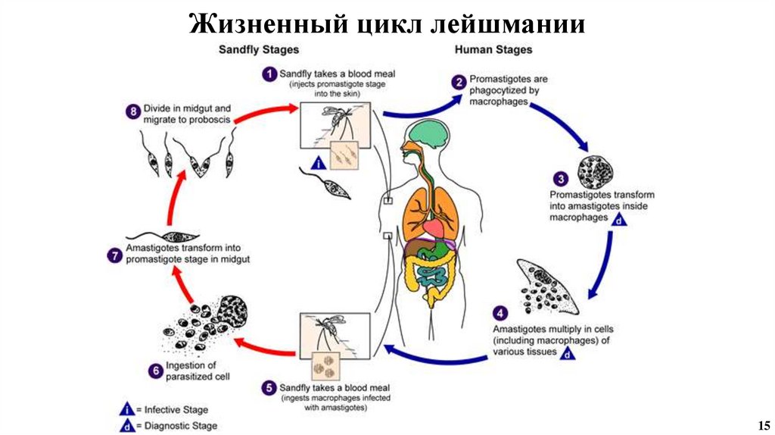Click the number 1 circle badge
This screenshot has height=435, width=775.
(268, 74)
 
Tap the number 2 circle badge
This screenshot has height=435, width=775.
(459, 81)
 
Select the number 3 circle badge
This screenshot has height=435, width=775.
(561, 179)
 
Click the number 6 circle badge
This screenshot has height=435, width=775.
(154, 371)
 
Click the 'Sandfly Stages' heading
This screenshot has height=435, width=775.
(258, 49)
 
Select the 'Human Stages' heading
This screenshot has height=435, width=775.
(493, 49)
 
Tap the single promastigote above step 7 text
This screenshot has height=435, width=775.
(164, 237)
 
